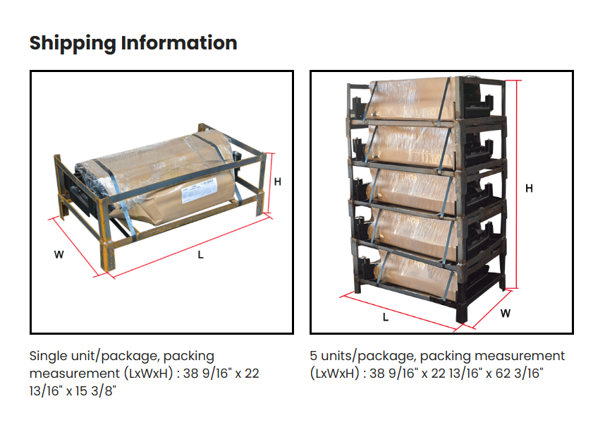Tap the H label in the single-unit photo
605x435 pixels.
pyautogui.click(x=278, y=181)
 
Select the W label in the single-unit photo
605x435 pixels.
pyautogui.click(x=59, y=255)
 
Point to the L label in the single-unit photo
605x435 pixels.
pyautogui.click(x=200, y=255)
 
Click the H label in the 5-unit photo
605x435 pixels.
pyautogui.click(x=529, y=188)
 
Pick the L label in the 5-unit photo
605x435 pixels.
pyautogui.click(x=385, y=317)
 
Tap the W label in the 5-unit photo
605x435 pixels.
pyautogui.click(x=505, y=314)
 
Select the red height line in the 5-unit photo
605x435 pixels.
pyautogui.click(x=519, y=184)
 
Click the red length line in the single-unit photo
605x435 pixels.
pyautogui.click(x=190, y=247)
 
